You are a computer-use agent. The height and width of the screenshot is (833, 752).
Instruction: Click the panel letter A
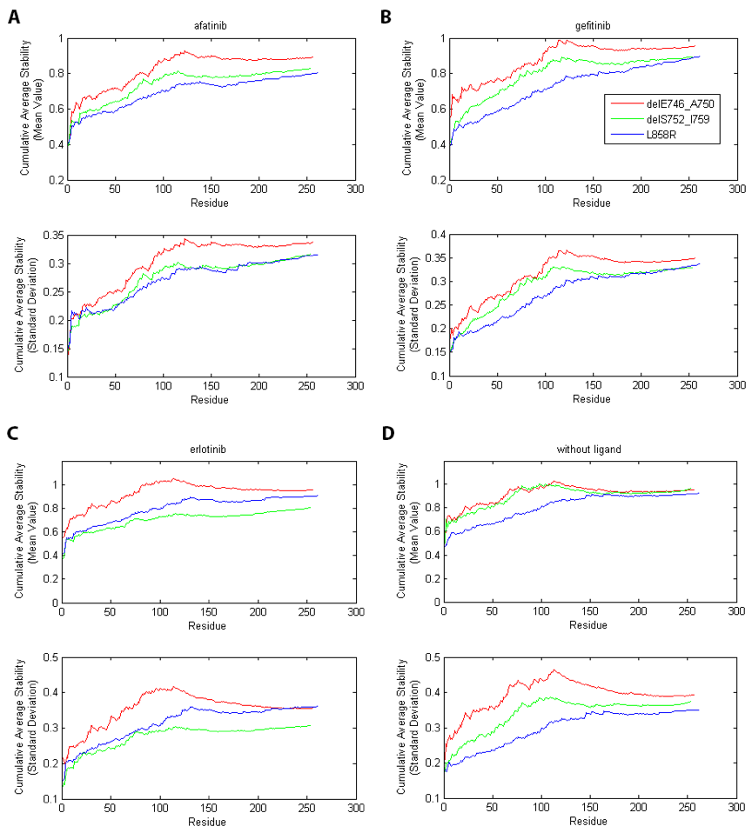15,15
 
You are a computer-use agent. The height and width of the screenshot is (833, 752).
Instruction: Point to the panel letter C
15,431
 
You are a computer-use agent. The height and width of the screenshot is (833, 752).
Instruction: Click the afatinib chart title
210,26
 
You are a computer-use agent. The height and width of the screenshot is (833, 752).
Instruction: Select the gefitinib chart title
592,26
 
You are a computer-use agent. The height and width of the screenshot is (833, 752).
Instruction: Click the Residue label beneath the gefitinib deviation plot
592,400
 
